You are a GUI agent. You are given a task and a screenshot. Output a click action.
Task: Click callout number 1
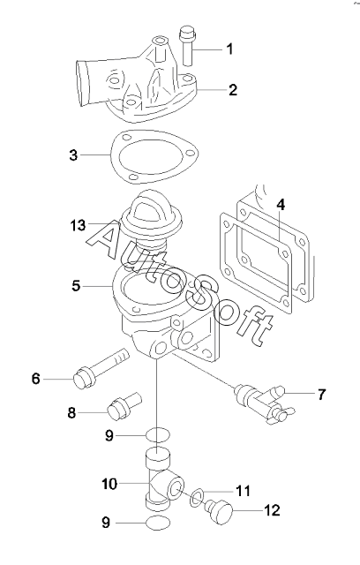pyautogui.click(x=229, y=49)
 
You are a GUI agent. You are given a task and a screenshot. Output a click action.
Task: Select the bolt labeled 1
pyautogui.click(x=187, y=46)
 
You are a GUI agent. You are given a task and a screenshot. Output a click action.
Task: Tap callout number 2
pyautogui.click(x=233, y=90)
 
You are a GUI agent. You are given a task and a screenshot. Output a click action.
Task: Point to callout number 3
pyautogui.click(x=73, y=155)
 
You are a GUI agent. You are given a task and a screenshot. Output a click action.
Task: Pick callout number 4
pyautogui.click(x=281, y=204)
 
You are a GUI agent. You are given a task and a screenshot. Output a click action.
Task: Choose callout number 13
pyautogui.click(x=78, y=226)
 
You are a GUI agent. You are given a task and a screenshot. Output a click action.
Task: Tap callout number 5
pyautogui.click(x=76, y=286)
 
